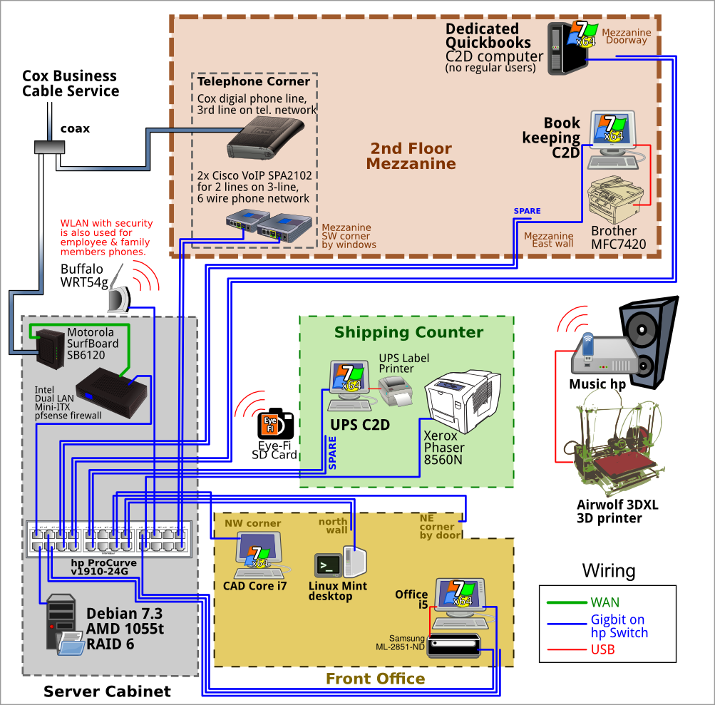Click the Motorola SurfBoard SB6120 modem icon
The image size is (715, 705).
50,349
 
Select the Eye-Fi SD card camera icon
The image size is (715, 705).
275,423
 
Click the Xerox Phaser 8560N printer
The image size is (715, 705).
463,401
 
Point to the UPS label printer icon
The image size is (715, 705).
396,391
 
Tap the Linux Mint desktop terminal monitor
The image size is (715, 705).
328,565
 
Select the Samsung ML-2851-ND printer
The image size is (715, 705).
453,645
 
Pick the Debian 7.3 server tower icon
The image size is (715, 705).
61,622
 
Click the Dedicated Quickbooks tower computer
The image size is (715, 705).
567,48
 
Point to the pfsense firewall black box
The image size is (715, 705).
111,393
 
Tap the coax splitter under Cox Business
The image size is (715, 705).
50,148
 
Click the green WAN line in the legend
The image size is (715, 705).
567,603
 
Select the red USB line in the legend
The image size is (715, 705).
567,649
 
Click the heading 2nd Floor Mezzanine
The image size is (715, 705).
411,156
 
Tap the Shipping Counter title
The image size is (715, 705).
408,332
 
